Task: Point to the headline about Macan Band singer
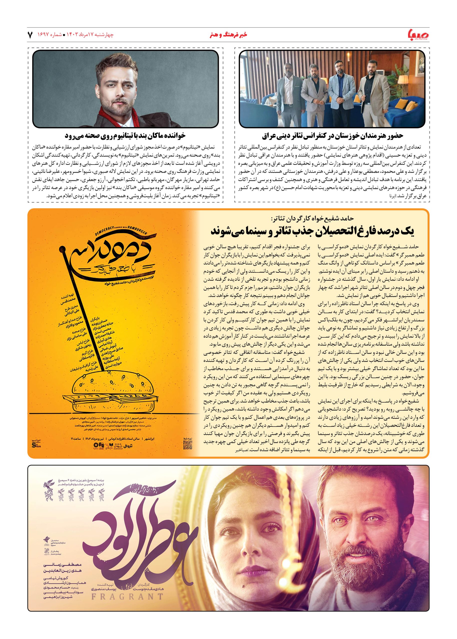125,136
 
